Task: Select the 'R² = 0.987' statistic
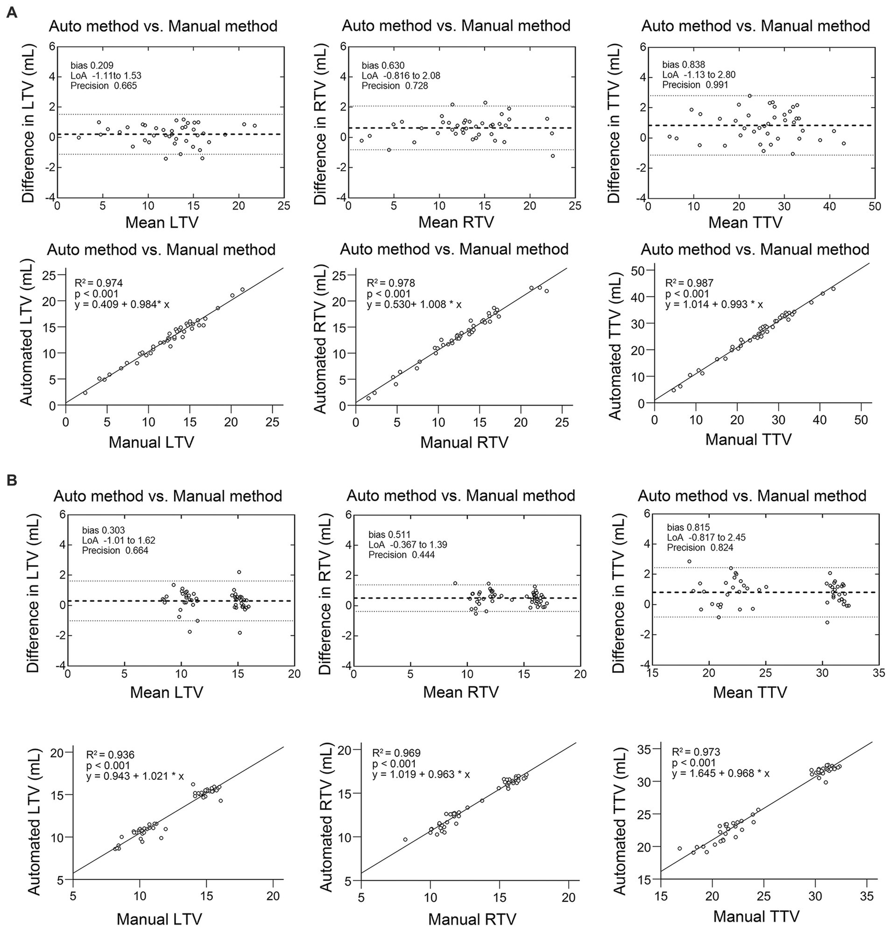pos(689,283)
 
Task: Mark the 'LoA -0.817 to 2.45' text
pos(706,537)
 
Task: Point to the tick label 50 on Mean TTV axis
pos(874,207)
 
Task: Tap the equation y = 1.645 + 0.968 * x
pos(720,773)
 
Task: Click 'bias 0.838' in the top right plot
pos(684,65)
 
